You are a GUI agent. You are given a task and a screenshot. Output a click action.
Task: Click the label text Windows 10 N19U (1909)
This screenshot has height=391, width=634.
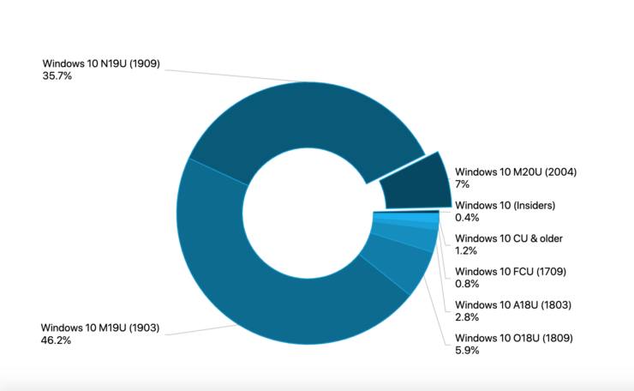[x=101, y=63]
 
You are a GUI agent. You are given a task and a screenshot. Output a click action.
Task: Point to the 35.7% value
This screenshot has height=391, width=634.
[x=58, y=75]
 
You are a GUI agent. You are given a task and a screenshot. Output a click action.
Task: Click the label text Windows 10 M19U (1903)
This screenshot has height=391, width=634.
[x=100, y=328]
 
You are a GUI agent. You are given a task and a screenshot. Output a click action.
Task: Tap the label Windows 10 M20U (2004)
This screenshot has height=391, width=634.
[x=515, y=171]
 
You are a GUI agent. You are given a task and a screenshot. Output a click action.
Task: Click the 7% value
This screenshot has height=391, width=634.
[x=463, y=184]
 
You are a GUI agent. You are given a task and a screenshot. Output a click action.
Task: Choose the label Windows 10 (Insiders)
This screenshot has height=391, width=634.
[x=505, y=205]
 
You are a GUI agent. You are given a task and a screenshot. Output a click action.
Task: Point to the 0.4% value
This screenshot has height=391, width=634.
[x=467, y=218]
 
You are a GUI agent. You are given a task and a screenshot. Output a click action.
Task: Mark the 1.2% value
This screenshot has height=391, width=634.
[x=467, y=251]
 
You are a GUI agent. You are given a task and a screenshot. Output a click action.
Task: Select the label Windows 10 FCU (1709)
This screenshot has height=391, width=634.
[x=510, y=272]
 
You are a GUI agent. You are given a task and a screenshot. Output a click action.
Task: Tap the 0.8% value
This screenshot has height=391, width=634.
[x=467, y=285]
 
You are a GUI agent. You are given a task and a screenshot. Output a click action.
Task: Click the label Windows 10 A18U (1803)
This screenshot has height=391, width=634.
[x=512, y=305]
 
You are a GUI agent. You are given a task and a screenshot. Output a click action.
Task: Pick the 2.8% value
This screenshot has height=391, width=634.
[x=467, y=318]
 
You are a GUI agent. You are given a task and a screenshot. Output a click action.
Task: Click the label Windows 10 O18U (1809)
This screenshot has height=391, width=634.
[x=513, y=338]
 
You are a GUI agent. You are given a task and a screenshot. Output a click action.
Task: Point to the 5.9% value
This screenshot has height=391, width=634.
[x=467, y=351]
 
